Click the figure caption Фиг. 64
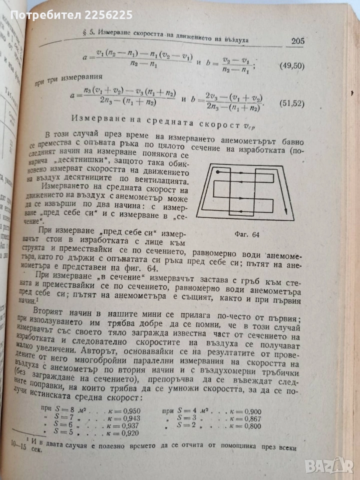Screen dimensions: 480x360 coord(246,233)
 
